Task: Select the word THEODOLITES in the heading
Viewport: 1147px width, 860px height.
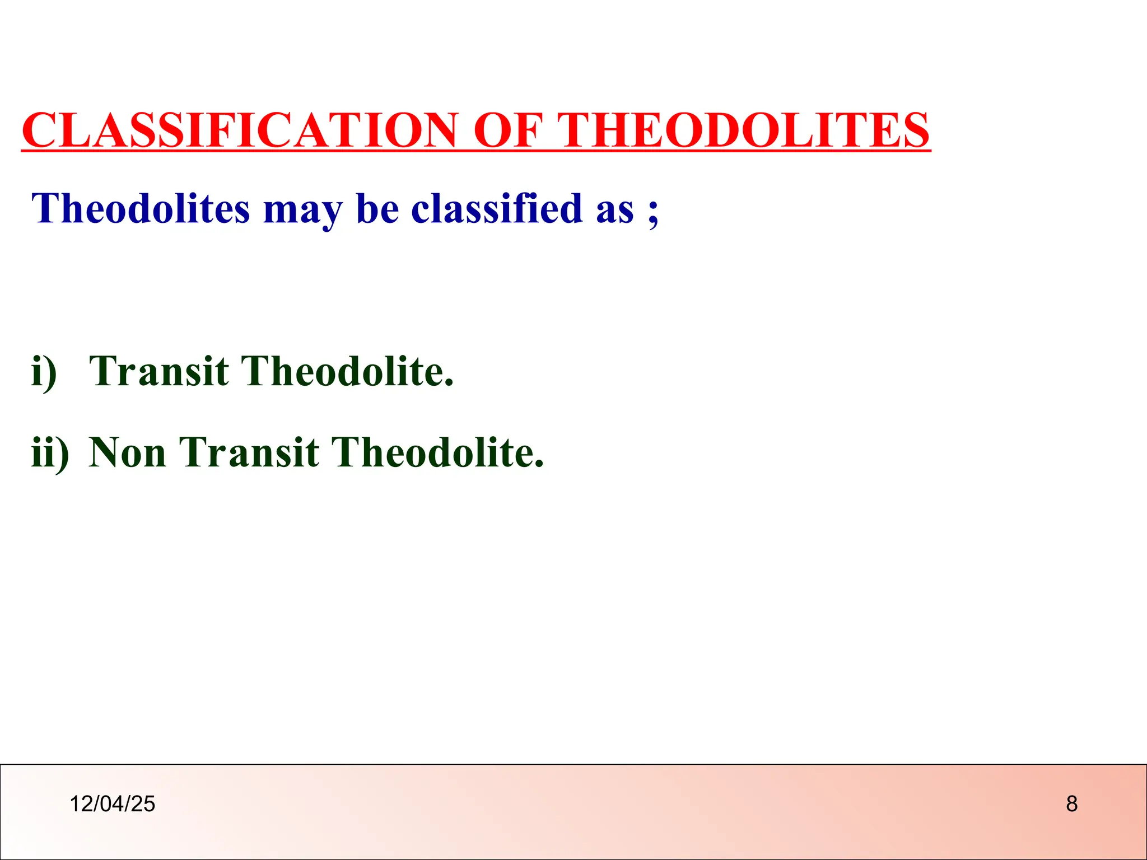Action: tap(745, 130)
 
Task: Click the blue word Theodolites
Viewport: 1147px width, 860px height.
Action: tap(140, 208)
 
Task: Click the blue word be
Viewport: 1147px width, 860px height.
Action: tap(377, 208)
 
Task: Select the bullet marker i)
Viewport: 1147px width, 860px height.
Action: tap(44, 372)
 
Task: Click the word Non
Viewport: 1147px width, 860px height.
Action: tap(128, 452)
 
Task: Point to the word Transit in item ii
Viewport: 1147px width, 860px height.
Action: tap(249, 452)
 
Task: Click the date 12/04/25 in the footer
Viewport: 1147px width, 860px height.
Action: tap(112, 804)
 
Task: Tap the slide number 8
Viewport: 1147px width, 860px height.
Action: tap(1071, 804)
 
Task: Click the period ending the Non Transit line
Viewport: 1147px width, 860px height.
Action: tap(539, 465)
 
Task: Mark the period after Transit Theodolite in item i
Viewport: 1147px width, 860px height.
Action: tap(448, 384)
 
